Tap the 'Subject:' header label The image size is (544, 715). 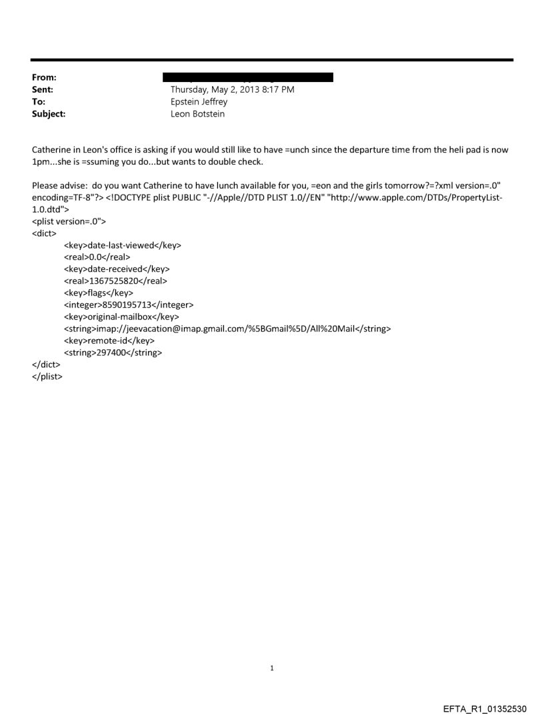coord(49,114)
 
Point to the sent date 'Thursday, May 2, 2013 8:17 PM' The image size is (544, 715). coord(233,90)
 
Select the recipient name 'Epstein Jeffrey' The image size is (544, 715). coord(199,102)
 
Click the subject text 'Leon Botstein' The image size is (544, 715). coord(197,114)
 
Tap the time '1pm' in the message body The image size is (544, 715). coord(41,162)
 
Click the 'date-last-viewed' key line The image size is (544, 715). coord(123,245)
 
